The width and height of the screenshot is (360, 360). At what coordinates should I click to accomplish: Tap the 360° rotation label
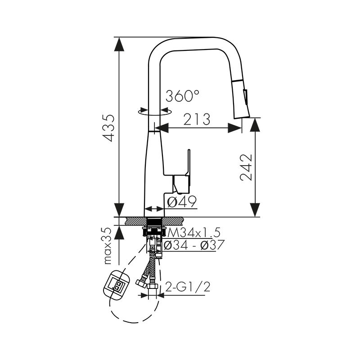click(182, 96)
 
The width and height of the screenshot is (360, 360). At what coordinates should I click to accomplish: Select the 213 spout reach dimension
click(197, 120)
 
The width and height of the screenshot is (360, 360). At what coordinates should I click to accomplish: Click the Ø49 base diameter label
click(182, 202)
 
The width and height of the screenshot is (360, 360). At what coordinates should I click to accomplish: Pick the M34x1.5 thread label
click(194, 233)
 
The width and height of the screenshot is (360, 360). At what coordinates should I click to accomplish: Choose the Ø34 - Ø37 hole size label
click(194, 245)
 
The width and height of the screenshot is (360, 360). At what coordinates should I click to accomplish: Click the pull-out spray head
click(243, 97)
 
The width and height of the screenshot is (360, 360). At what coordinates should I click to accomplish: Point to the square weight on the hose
click(117, 283)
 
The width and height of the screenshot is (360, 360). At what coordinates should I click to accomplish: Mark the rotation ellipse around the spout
click(155, 112)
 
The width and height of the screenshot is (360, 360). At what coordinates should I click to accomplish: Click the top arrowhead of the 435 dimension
click(119, 45)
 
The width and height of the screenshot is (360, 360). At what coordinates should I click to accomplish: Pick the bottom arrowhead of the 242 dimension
click(255, 210)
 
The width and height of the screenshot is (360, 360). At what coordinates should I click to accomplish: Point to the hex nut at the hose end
click(152, 287)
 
